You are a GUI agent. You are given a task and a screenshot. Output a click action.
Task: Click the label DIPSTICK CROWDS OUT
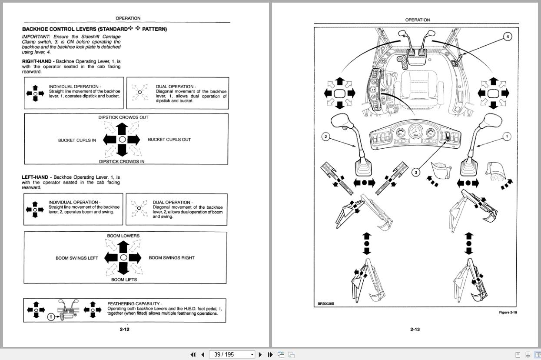coord(123,117)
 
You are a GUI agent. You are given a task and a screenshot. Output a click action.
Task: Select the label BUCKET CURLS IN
coord(77,140)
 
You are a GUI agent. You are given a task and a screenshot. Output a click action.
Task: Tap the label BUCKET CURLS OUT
coord(169,140)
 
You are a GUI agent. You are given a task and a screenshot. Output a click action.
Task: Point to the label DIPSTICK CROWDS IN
coord(122,162)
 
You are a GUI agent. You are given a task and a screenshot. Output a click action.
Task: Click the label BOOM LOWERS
coord(123,236)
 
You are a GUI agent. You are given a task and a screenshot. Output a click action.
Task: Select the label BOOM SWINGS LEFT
coord(77,258)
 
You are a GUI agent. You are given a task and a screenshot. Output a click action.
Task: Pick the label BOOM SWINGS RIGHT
coord(172,258)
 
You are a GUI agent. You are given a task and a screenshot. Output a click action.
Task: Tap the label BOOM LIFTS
coord(124,280)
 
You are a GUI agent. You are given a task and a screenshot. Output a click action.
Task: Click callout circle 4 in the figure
coord(508,37)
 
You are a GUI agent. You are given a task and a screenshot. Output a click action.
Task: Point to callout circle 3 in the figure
coord(416,172)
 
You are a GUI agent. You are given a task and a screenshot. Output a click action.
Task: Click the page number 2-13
coord(415,329)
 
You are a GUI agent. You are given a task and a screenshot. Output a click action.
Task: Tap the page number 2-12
coord(125,329)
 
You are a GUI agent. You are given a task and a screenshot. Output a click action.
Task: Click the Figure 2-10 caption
coord(508,312)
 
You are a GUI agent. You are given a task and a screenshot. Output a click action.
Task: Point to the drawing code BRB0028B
coord(326,304)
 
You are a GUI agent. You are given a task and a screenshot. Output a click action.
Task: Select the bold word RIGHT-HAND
coord(38,62)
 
